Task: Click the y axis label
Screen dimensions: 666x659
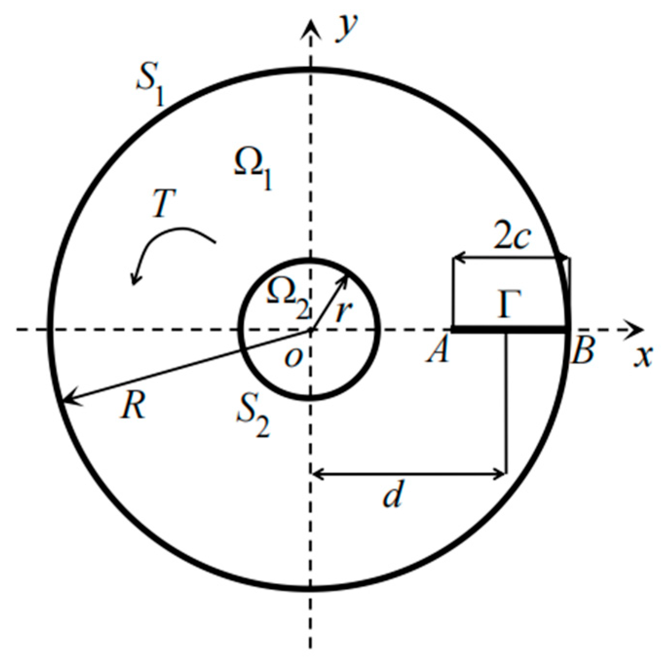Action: point(347,28)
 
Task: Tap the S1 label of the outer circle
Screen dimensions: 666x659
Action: point(149,88)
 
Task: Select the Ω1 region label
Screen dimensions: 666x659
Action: point(252,168)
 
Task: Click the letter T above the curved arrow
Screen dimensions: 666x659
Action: point(164,203)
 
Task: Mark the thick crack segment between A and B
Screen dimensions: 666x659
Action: point(509,330)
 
